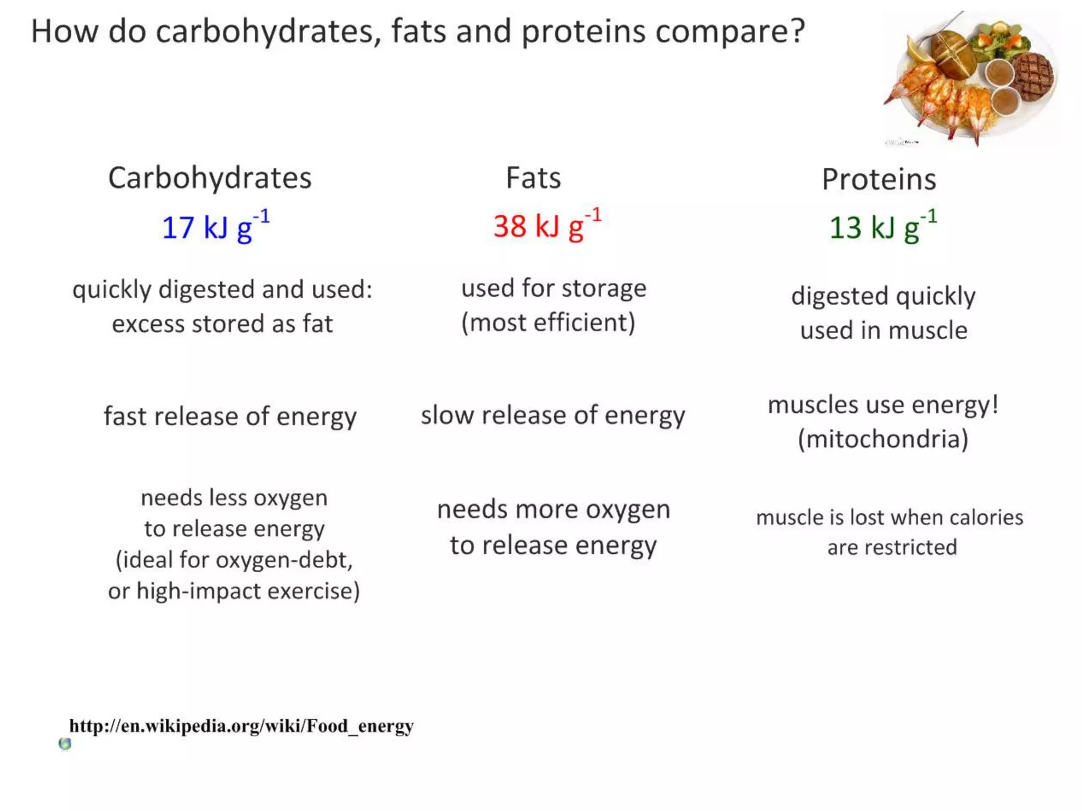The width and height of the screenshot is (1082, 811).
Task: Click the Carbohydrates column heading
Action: point(210,178)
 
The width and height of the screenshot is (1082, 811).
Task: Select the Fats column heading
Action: point(533,178)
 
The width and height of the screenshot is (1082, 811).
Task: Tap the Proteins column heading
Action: point(879,180)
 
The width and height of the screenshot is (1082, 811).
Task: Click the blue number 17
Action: point(178,228)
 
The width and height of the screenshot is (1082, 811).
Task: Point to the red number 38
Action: point(509,227)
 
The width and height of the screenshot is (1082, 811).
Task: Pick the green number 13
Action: point(845,228)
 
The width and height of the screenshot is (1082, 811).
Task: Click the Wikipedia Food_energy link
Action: point(241,726)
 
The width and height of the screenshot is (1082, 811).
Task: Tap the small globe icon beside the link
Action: point(65,744)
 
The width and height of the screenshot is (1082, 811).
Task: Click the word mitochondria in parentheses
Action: point(883,439)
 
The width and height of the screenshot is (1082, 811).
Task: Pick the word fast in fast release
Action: point(124,417)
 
